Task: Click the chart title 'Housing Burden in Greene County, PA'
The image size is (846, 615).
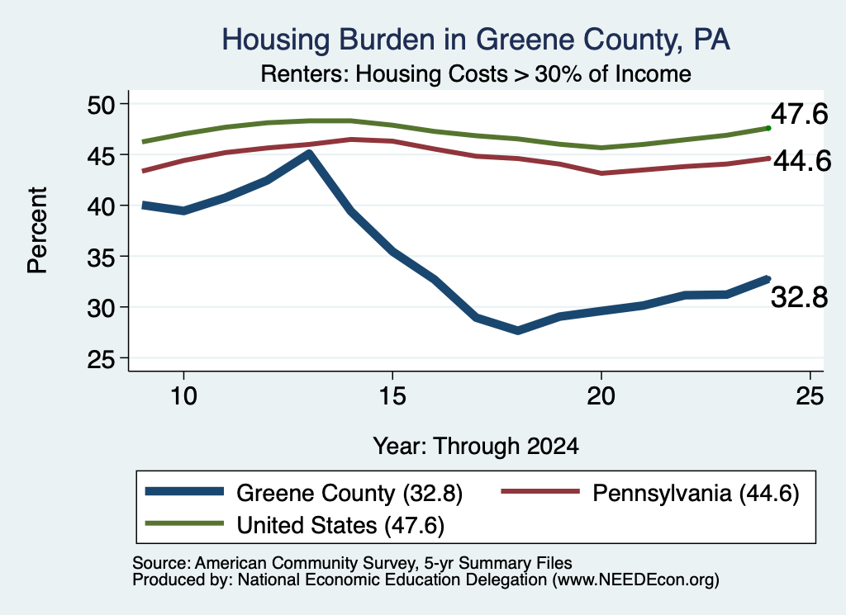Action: tap(476, 40)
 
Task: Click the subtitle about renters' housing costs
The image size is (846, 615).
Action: tap(476, 73)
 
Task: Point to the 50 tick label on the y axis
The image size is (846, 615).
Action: tap(102, 104)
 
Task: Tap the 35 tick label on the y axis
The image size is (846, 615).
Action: tap(102, 257)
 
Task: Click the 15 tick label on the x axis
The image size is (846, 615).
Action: tap(392, 396)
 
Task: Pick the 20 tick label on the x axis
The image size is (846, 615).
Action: tap(601, 396)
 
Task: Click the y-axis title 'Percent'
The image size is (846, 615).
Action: tap(37, 230)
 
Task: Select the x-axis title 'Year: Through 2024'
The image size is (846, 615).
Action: tap(476, 447)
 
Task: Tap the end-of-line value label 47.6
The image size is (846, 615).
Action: tap(799, 114)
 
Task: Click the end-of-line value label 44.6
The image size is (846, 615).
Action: tap(802, 161)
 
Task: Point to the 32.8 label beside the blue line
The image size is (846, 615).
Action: tap(799, 297)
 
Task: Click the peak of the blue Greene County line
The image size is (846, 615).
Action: tap(309, 154)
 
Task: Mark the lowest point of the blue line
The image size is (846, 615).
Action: tap(518, 330)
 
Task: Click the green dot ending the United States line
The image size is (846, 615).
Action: tap(768, 128)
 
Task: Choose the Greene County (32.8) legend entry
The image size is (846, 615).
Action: tap(304, 493)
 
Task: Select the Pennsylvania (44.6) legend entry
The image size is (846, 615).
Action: tap(650, 493)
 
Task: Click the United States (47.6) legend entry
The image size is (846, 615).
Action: tap(295, 525)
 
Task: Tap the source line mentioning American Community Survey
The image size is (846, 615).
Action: tap(352, 563)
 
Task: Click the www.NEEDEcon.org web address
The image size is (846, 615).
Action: tap(635, 580)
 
